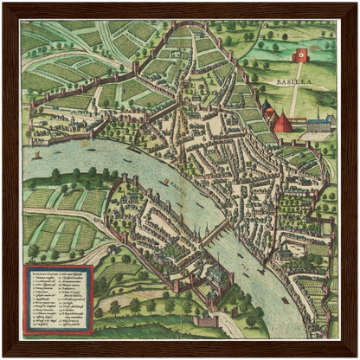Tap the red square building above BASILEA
(302, 56)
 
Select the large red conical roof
(282, 121)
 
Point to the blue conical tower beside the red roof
(268, 112)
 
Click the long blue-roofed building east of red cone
(318, 123)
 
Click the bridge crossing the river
(216, 232)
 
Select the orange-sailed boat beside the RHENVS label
(165, 182)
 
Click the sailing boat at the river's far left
(37, 156)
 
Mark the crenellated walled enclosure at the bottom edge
(206, 321)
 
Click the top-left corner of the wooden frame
(4, 4)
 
